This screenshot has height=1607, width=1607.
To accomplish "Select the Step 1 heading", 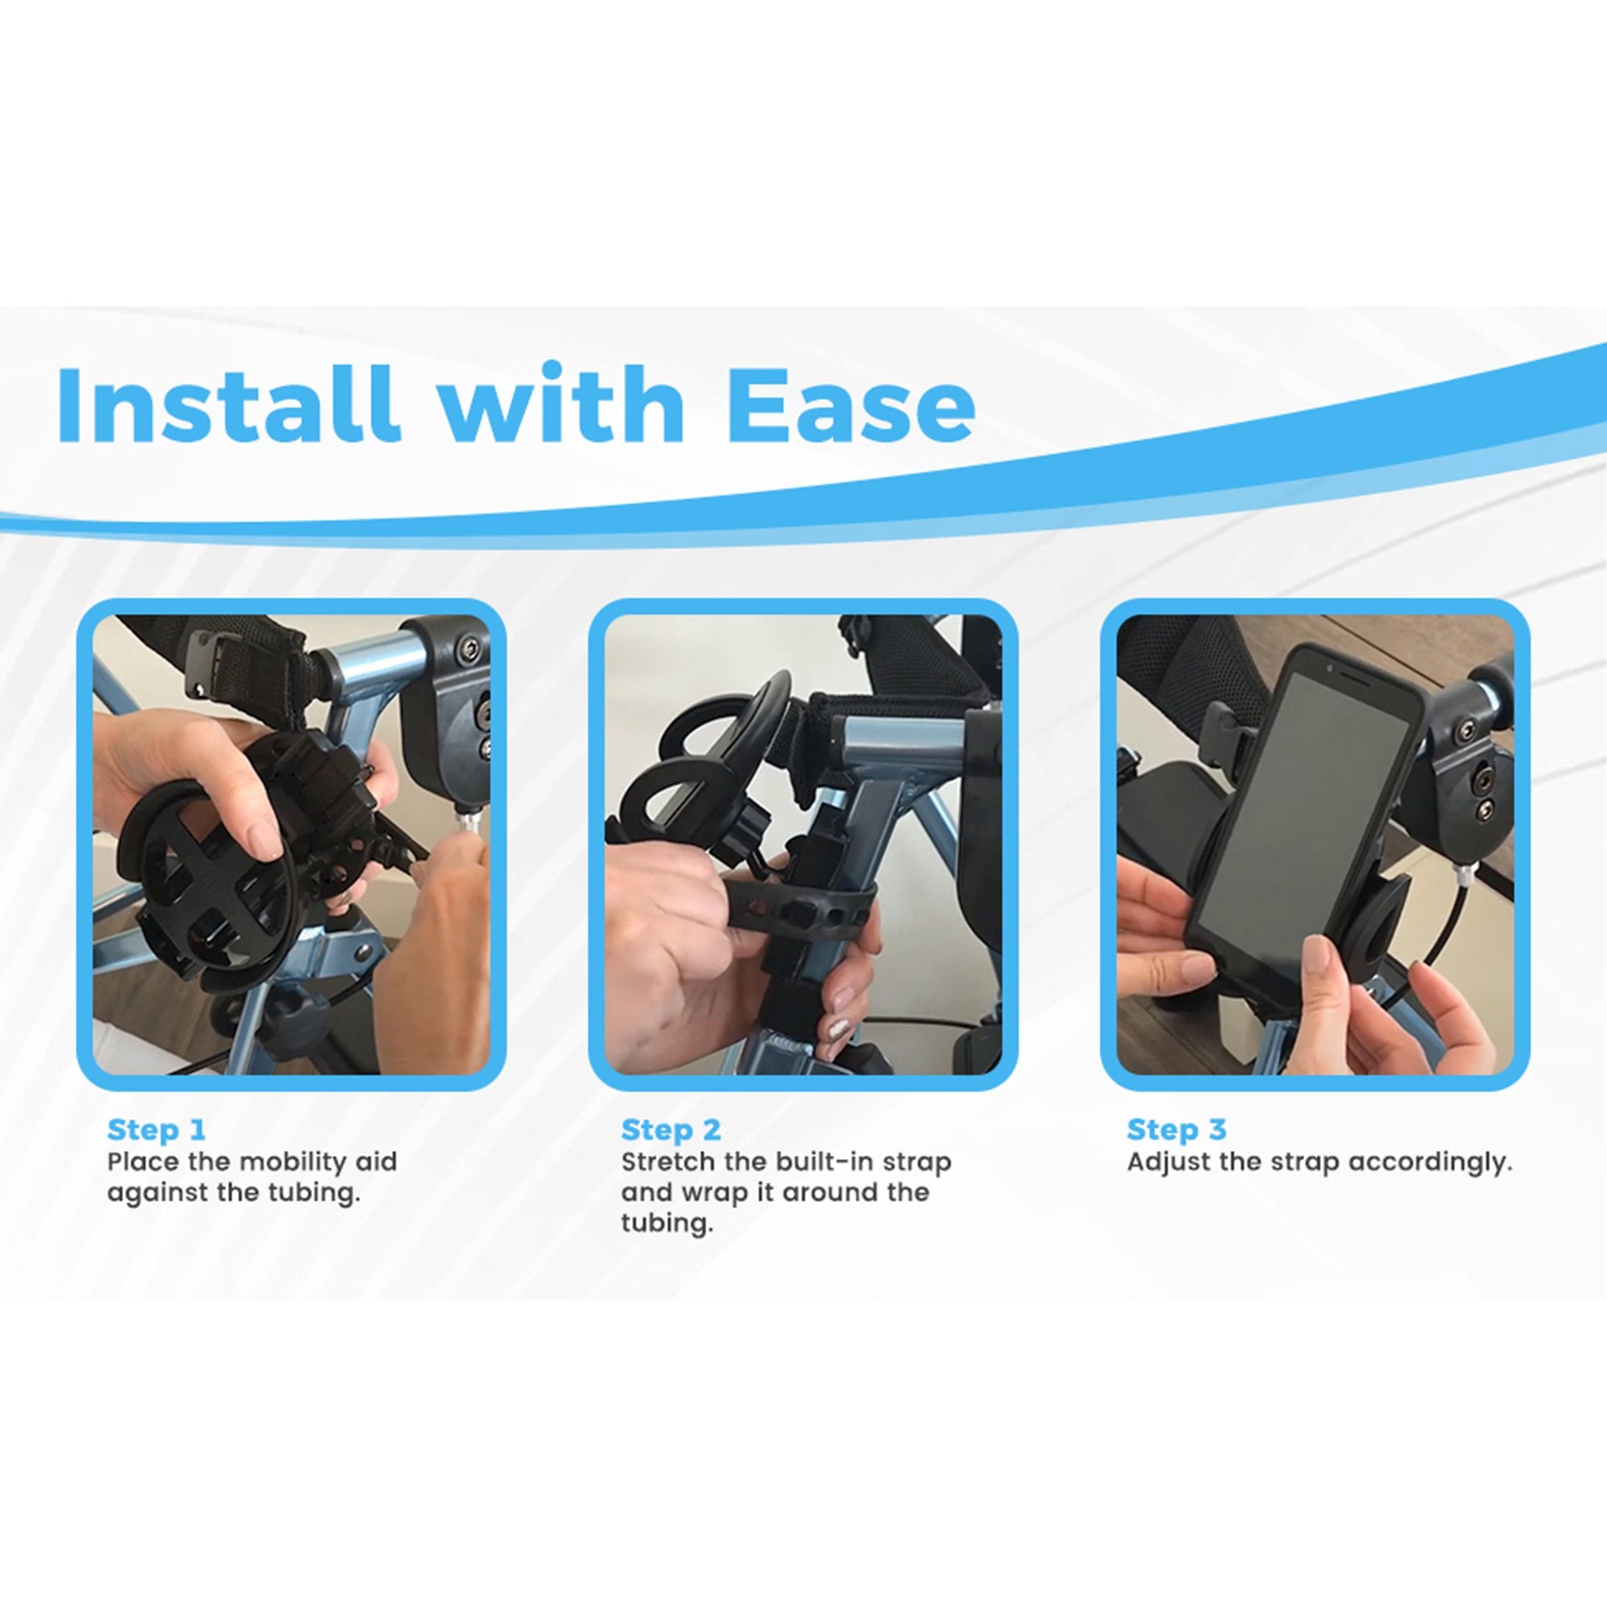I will point(156,1130).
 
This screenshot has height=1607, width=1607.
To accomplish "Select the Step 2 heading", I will point(670,1130).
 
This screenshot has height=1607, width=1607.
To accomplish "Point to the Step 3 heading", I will point(1176,1130).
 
